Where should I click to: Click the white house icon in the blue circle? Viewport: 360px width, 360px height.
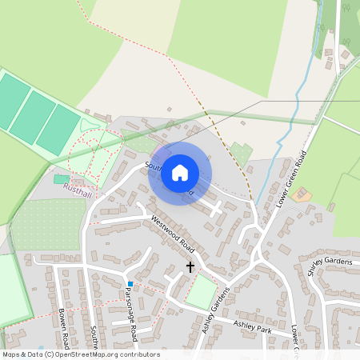click(180, 173)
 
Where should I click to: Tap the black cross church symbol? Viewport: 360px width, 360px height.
click(190, 266)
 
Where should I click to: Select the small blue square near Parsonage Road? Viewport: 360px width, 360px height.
click(129, 283)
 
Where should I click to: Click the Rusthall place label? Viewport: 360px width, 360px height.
click(78, 190)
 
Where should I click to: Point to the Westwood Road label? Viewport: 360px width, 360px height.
click(173, 232)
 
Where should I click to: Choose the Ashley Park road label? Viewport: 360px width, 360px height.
click(253, 326)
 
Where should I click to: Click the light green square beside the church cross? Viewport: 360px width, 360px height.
click(201, 292)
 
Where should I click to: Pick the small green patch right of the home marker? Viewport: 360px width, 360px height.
click(240, 152)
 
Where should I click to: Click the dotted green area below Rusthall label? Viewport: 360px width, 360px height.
click(48, 224)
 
